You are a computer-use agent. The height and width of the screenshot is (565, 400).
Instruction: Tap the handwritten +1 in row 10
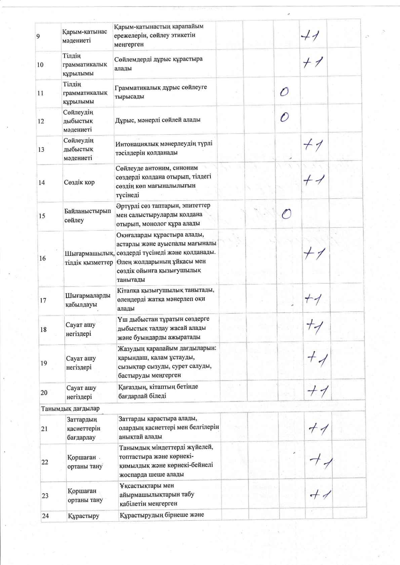(x=312, y=63)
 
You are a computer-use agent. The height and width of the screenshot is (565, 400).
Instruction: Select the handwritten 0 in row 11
(x=284, y=92)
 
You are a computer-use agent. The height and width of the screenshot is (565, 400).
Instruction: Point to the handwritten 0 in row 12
(x=284, y=117)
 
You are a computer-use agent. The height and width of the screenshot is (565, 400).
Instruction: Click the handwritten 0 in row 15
(x=286, y=214)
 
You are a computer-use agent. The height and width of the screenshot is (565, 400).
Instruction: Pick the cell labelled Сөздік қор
(x=79, y=182)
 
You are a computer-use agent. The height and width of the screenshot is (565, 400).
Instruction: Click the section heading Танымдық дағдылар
(x=70, y=409)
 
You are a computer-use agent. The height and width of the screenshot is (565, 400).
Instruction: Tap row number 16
(x=42, y=258)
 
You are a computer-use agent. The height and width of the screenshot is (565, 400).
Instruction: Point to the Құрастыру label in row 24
(x=83, y=516)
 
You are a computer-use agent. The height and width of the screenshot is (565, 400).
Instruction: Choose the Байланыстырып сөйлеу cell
(x=87, y=216)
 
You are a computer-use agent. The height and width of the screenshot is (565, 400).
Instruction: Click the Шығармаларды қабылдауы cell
(x=88, y=300)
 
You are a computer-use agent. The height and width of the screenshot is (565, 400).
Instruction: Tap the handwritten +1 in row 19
(x=317, y=359)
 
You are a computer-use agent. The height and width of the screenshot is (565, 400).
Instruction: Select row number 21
(x=44, y=429)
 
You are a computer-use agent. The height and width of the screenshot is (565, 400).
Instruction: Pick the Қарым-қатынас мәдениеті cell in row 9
(x=84, y=36)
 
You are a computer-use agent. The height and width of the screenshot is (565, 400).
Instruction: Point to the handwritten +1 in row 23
(x=320, y=495)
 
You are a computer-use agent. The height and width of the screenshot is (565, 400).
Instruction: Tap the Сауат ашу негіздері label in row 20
(x=81, y=392)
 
